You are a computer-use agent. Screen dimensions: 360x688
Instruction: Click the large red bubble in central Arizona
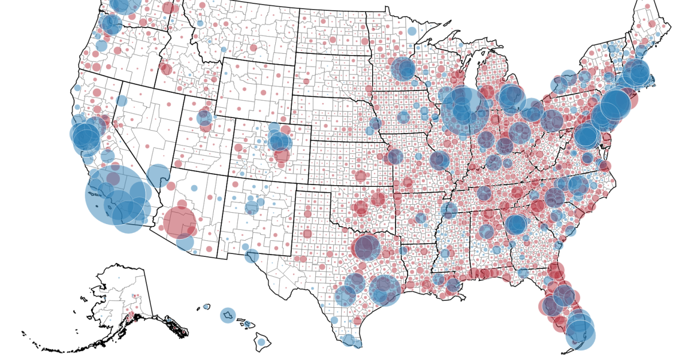coord(180,222)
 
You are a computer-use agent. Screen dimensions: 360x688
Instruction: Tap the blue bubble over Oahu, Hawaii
coord(228,315)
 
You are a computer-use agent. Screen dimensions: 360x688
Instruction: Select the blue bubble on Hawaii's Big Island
coord(261,342)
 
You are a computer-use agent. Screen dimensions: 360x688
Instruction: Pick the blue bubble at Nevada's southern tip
coord(158,175)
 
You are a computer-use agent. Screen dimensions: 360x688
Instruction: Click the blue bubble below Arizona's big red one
coord(185,242)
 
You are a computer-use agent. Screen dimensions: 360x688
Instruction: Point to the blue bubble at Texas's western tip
coord(251,256)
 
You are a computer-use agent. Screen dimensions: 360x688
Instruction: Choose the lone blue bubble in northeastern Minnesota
coord(412,31)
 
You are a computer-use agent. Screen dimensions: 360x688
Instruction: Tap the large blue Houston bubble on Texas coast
coord(384,289)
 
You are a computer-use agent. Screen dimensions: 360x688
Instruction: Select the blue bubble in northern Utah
coord(204,118)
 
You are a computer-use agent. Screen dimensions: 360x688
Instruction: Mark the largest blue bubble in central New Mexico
coord(252,207)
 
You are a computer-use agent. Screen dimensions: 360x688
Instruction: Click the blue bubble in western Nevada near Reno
coord(121,101)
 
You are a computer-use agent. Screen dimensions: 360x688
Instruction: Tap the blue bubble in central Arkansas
coord(421,218)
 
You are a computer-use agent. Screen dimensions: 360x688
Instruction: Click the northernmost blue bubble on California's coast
coord(77,88)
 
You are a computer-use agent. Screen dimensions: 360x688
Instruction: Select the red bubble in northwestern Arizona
coord(170,186)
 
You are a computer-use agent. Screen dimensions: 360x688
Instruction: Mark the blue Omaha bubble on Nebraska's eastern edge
coord(375,123)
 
